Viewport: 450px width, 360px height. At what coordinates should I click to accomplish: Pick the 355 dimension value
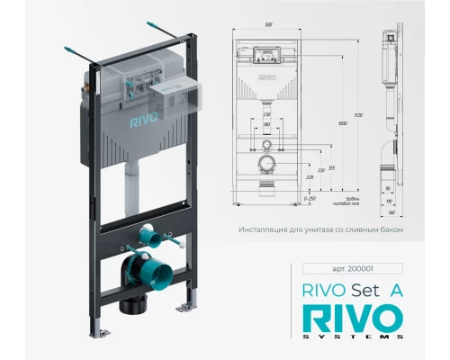pos(332,167)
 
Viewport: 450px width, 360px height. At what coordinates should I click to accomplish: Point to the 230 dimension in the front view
pos(266,116)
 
